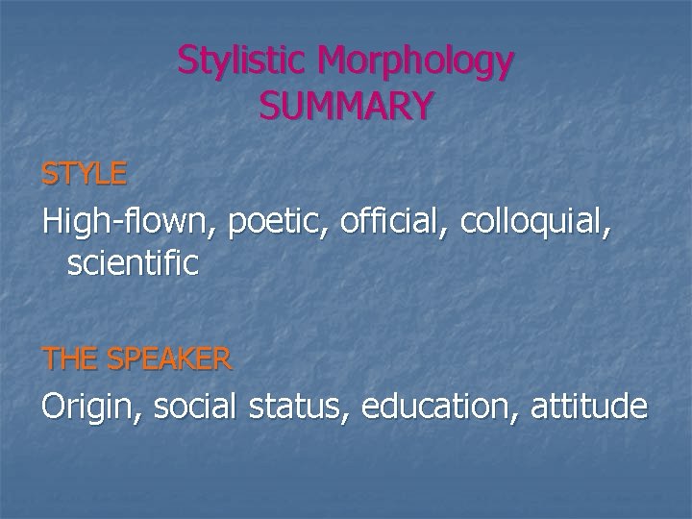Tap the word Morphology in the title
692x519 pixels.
pyautogui.click(x=416, y=62)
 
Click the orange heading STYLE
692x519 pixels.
pyautogui.click(x=84, y=174)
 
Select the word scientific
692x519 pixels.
pyautogui.click(x=133, y=263)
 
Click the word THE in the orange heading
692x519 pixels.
pyautogui.click(x=70, y=359)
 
